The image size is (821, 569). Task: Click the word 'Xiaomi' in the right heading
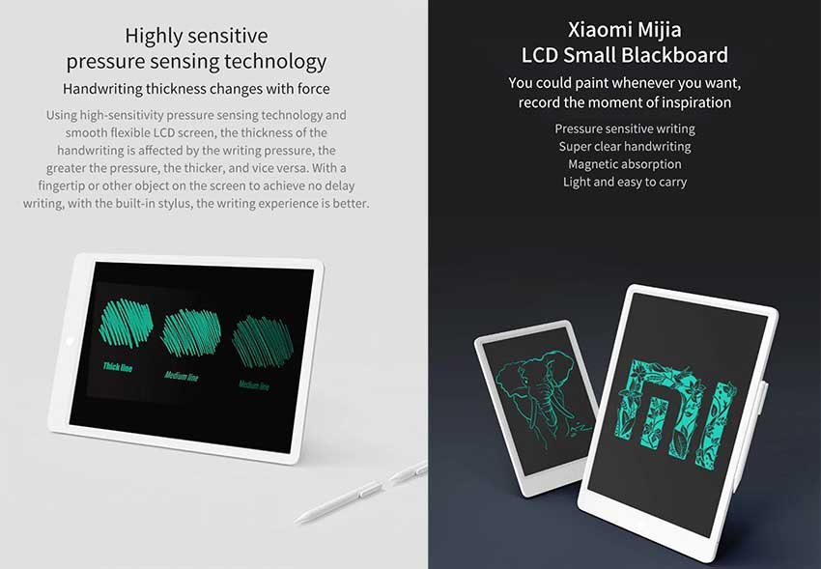597,29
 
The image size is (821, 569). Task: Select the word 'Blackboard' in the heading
677,55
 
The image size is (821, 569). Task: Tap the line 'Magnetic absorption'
625,164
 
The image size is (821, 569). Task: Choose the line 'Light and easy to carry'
625,182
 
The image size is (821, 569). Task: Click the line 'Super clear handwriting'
625,147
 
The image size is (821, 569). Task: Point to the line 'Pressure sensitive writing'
625,128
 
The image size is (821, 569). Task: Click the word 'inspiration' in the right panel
694,102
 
